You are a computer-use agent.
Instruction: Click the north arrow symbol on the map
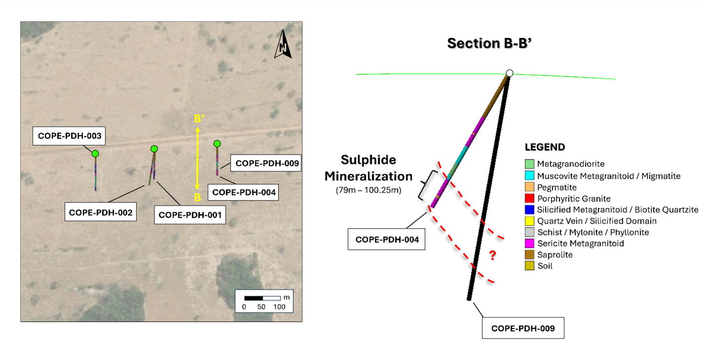coord(283,42)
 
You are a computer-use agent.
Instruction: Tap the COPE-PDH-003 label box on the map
coord(70,136)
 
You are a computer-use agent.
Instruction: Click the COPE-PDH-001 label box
coord(191,215)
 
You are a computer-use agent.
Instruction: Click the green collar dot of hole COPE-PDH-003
coord(95,154)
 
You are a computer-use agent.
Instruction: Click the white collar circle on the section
coord(510,73)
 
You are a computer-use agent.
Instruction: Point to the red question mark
coord(492,255)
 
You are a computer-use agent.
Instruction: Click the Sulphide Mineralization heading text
coord(376,168)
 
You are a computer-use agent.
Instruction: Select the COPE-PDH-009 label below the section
coord(523,328)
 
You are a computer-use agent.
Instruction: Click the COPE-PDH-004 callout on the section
coord(387,240)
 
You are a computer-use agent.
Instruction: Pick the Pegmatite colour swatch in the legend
coord(529,188)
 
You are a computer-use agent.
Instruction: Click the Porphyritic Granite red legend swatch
coord(529,199)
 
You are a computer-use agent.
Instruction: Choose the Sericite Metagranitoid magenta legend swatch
coord(529,243)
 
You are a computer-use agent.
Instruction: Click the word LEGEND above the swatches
coord(545,147)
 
